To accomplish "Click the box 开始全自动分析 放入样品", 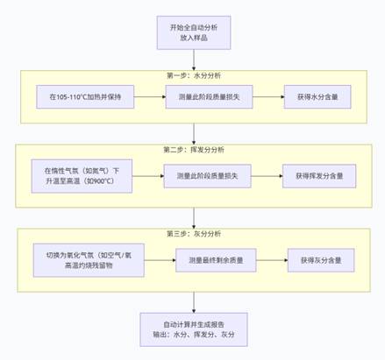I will click(194, 33).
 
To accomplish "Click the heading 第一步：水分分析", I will click(194, 75).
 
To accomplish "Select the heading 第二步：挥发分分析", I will click(194, 150).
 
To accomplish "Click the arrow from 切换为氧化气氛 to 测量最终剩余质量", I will click(159, 259).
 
